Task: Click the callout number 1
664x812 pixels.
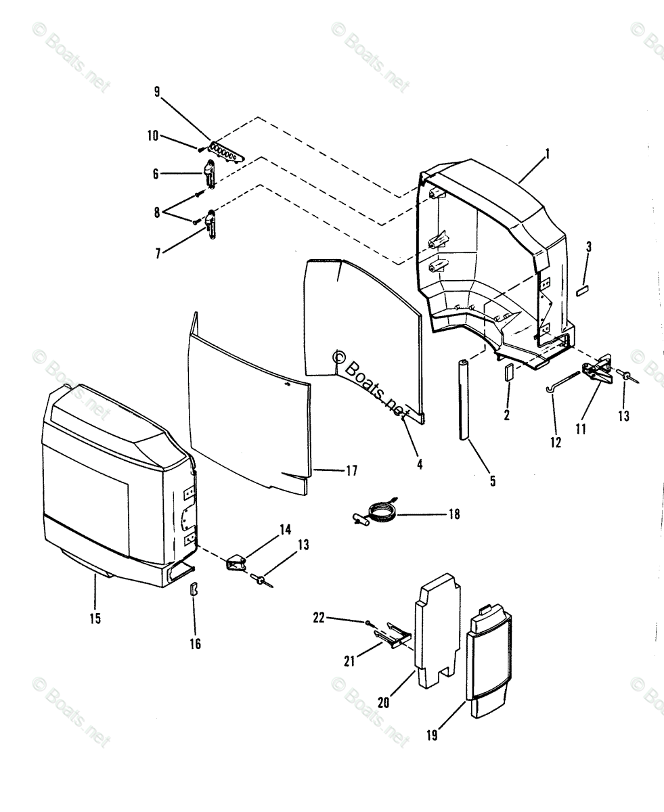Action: tap(548, 154)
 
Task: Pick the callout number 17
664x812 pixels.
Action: tap(351, 471)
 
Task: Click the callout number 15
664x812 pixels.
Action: tap(95, 618)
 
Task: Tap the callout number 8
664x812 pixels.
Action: tap(157, 212)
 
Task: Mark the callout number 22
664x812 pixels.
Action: tap(319, 617)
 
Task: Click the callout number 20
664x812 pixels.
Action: tap(384, 702)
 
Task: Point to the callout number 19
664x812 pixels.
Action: tap(432, 735)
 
